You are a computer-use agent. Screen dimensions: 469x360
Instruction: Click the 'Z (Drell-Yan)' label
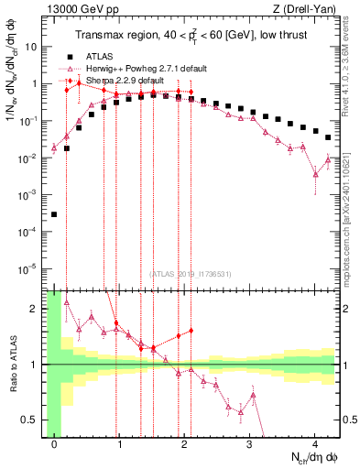pyautogui.click(x=309, y=8)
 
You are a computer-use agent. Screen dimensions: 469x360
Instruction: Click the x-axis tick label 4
pyautogui.click(x=315, y=445)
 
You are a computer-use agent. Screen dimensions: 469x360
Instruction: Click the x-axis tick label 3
pyautogui.click(x=250, y=445)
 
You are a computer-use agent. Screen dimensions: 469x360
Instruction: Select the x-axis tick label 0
pyautogui.click(x=54, y=445)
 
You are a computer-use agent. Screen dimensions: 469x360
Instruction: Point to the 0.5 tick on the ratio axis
pyautogui.click(x=35, y=420)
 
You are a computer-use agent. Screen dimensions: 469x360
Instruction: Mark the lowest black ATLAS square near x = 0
pyautogui.click(x=54, y=214)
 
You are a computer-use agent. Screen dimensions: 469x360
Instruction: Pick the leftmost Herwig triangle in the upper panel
pyautogui.click(x=54, y=147)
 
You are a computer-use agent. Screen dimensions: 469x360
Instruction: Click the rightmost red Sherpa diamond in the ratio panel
pyautogui.click(x=191, y=331)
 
